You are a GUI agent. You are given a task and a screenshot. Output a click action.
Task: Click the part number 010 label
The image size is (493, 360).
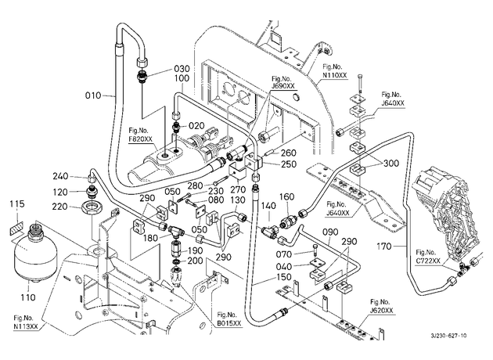(x=93, y=95)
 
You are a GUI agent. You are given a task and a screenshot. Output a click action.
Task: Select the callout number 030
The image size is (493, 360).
(x=182, y=69)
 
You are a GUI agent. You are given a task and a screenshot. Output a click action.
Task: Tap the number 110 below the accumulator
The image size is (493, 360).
(x=28, y=297)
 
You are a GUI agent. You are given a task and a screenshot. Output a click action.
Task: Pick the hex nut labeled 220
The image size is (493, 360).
(x=92, y=207)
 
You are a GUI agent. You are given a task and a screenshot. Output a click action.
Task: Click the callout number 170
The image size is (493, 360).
(x=384, y=247)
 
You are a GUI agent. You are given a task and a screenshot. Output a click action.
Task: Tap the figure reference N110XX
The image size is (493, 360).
(x=335, y=75)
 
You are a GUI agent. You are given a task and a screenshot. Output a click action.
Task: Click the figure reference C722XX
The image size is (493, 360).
(x=428, y=261)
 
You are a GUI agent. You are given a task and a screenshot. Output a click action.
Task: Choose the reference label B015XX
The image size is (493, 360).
(x=229, y=323)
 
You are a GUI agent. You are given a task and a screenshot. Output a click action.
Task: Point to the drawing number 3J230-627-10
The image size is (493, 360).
(x=449, y=336)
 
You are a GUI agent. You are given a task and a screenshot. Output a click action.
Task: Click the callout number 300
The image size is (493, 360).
(x=390, y=164)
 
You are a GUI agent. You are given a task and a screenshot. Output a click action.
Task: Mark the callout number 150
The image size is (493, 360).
(x=283, y=277)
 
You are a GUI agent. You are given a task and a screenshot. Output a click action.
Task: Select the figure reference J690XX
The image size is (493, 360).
(x=283, y=86)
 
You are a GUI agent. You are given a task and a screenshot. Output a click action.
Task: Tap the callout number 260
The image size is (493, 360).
(x=288, y=153)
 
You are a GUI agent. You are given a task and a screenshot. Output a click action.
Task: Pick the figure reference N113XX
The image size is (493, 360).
(x=26, y=326)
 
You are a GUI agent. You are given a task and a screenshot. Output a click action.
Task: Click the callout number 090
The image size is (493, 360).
(x=330, y=232)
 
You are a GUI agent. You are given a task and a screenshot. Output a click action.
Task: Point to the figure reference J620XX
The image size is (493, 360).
(x=382, y=311)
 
